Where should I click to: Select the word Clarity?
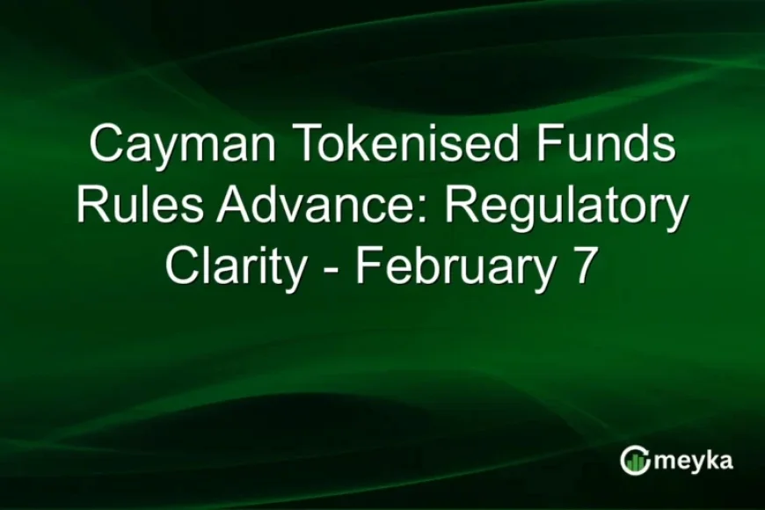pyautogui.click(x=234, y=268)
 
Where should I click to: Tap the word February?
pyautogui.click(x=455, y=268)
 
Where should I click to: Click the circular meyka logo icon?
pyautogui.click(x=634, y=460)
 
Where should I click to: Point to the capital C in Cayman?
pyautogui.click(x=106, y=143)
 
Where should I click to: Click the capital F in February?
pyautogui.click(x=366, y=266)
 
